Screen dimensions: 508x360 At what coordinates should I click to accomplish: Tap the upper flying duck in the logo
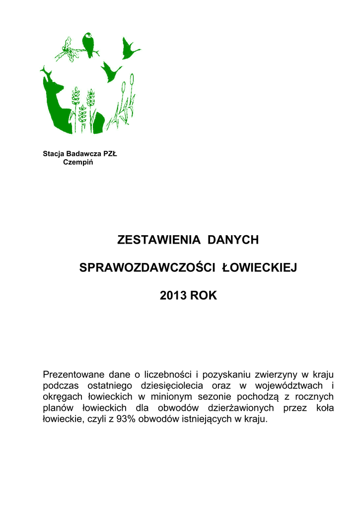point(130,48)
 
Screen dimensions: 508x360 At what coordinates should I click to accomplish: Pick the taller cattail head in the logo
point(132,79)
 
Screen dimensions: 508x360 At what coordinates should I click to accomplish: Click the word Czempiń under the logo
point(78,162)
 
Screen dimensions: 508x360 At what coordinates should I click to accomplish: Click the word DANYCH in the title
point(233,240)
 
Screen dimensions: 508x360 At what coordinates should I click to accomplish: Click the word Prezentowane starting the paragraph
point(72,374)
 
